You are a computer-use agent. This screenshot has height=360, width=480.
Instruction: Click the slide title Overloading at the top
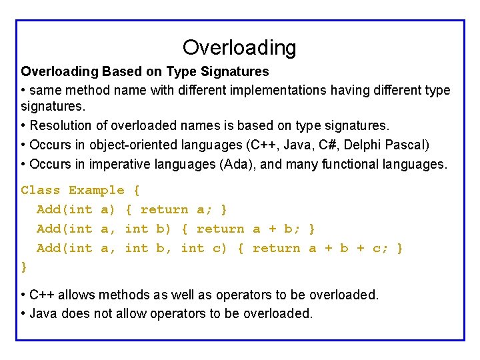tap(239, 47)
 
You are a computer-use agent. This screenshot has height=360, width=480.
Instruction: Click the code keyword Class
tap(41, 191)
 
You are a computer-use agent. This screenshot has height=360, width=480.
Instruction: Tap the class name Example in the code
tap(97, 191)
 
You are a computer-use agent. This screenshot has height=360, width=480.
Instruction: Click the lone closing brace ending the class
tap(25, 267)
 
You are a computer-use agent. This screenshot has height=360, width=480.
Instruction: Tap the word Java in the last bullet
tap(43, 313)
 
